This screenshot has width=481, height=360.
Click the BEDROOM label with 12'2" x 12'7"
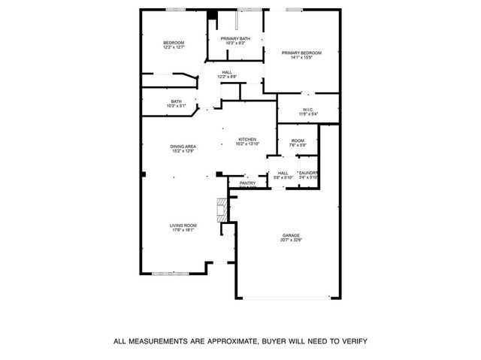point(174,43)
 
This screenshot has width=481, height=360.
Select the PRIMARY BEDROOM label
point(301,52)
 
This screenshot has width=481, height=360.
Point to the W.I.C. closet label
point(308,110)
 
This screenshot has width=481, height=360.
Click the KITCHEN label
point(248,139)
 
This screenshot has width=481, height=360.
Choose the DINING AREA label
point(183,147)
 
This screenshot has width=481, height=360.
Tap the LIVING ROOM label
point(183,225)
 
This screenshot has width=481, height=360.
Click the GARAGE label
point(291,235)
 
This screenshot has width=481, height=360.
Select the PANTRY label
point(247,183)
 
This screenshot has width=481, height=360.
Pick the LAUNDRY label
point(308,173)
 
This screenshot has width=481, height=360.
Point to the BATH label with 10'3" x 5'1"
point(176,101)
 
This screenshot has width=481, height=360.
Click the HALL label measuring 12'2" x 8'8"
point(227,72)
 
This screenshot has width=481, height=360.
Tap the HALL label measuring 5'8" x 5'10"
point(283,173)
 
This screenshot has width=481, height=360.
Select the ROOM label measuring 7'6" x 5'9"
point(298,141)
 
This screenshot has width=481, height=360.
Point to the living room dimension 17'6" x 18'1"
point(183,231)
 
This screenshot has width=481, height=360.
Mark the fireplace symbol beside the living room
point(222,210)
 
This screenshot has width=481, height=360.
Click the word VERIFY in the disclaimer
point(351,341)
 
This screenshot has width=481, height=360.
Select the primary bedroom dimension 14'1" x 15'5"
point(301,57)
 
